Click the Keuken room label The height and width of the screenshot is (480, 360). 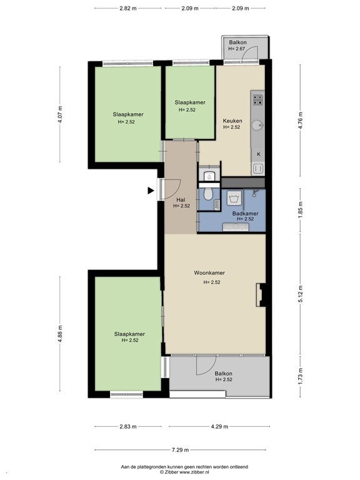(x=232, y=121)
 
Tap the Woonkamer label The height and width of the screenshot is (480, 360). (x=209, y=272)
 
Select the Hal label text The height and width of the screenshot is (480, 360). (x=181, y=200)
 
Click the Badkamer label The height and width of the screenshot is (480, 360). (x=245, y=214)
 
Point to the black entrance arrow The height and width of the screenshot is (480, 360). (x=151, y=191)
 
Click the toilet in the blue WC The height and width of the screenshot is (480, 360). (x=209, y=194)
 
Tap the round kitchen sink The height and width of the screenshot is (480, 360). (x=257, y=125)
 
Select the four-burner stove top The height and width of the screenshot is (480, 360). (x=257, y=99)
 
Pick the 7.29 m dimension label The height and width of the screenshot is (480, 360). (x=180, y=450)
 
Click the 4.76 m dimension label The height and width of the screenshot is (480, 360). (x=300, y=120)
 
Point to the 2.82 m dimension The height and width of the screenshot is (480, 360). (x=128, y=8)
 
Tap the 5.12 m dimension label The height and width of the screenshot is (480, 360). (x=300, y=294)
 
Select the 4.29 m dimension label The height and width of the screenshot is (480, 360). (x=219, y=426)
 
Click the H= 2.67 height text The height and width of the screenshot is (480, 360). (x=237, y=49)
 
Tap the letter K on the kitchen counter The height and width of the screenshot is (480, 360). (x=258, y=154)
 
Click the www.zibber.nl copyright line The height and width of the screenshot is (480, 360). (x=184, y=472)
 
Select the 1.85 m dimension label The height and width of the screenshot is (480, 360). (x=300, y=210)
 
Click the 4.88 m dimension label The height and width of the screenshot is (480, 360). (x=60, y=334)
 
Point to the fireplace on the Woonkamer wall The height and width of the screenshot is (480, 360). (x=262, y=295)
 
